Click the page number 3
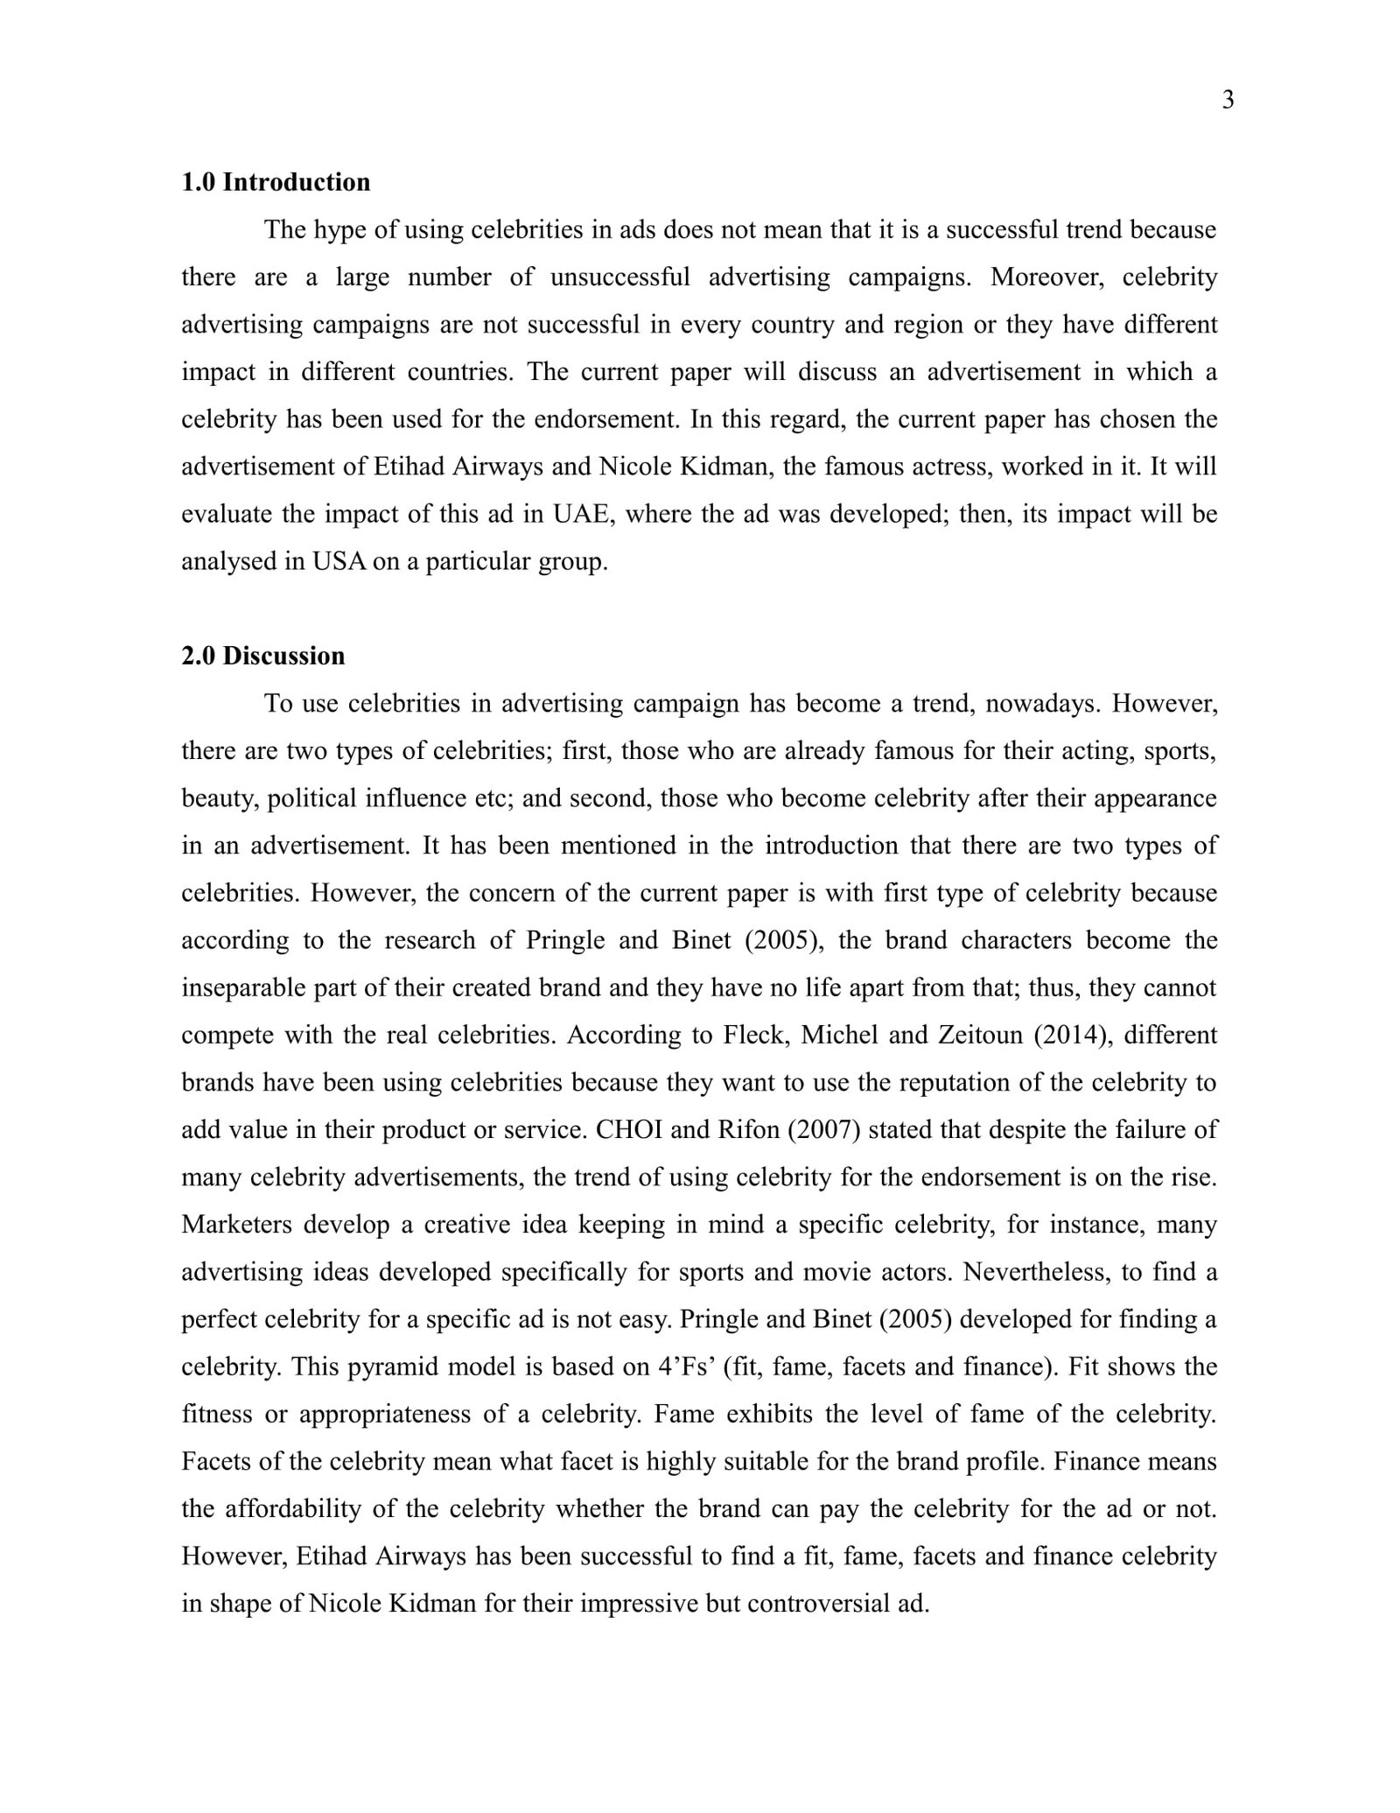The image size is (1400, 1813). click(1228, 101)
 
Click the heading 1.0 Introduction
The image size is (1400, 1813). click(276, 182)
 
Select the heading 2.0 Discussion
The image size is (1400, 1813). click(262, 656)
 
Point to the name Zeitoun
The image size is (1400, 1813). click(980, 1035)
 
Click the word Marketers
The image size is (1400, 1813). click(236, 1224)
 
